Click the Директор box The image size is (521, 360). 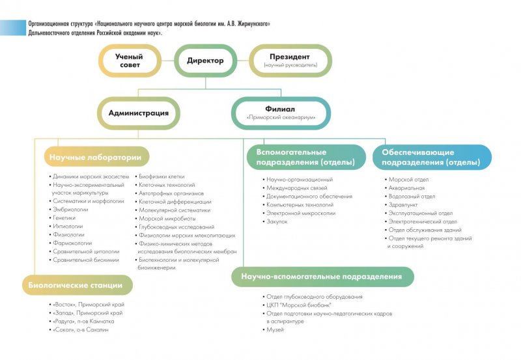(x=205, y=61)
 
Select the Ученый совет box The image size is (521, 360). (x=129, y=61)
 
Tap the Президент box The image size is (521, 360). (x=290, y=61)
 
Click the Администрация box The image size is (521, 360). (x=139, y=113)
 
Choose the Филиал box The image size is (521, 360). (x=281, y=113)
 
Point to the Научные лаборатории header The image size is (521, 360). (x=96, y=157)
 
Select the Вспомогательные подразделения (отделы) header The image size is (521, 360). (x=305, y=157)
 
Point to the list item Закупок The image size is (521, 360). (x=277, y=221)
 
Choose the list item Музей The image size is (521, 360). (x=275, y=331)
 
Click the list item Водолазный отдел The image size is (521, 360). (x=411, y=196)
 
